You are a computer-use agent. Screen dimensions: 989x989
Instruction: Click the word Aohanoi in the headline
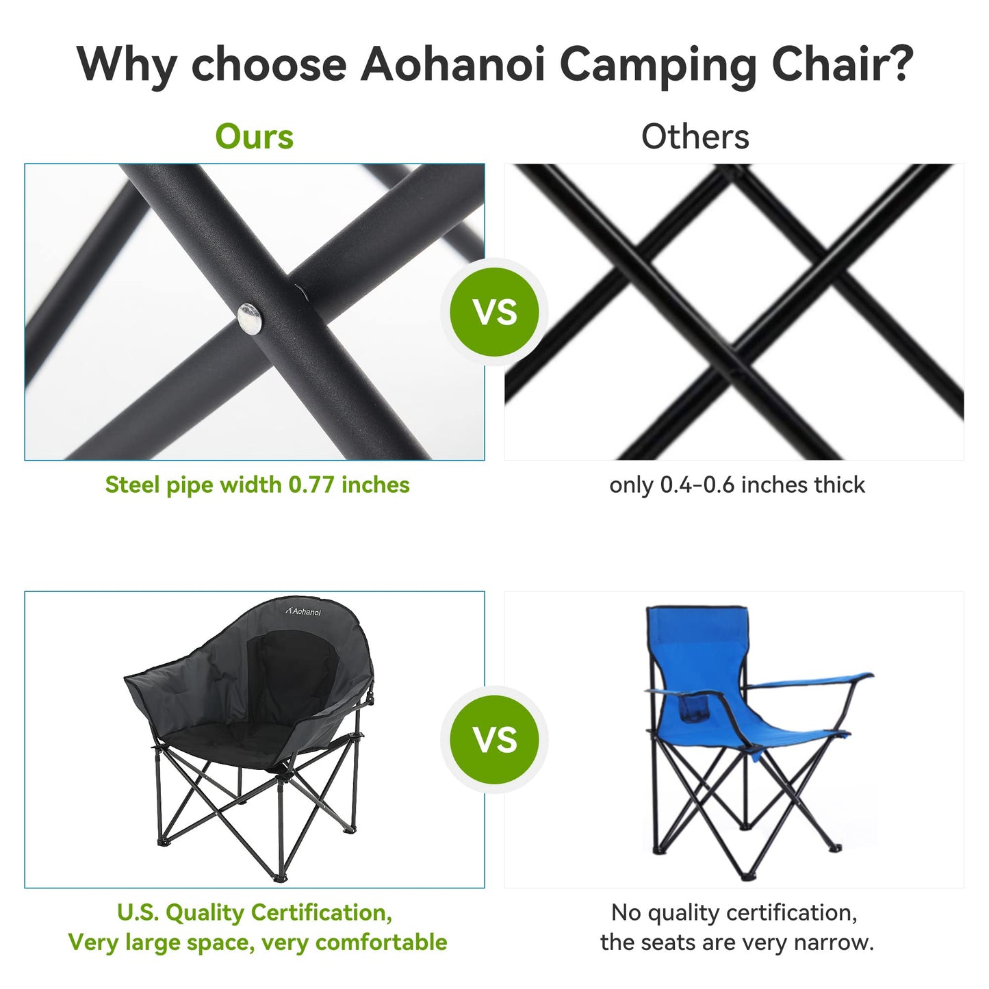(452, 64)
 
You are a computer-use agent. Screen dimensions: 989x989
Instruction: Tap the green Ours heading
(254, 137)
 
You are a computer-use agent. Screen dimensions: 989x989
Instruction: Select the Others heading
(695, 137)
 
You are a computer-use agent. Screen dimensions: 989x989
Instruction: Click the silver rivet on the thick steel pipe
(250, 319)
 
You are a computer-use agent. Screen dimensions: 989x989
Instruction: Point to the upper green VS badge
(494, 312)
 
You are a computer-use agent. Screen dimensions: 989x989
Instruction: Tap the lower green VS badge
(494, 740)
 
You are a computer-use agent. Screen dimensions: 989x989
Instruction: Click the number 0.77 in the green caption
(311, 485)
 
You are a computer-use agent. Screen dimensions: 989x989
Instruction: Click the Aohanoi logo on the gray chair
(303, 611)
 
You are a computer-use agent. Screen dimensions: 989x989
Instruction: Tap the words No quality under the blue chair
(664, 912)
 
